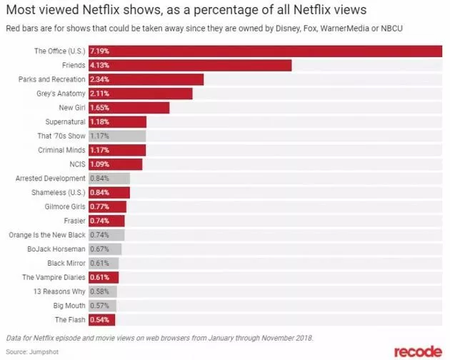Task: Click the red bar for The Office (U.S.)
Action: (264, 51)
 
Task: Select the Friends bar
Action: (189, 65)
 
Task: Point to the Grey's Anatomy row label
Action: (61, 94)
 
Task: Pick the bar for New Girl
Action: (129, 108)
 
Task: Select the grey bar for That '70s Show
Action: (117, 136)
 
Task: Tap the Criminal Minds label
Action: (61, 150)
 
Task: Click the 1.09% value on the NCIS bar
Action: (99, 164)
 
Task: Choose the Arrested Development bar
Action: (109, 179)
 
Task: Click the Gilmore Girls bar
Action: (107, 206)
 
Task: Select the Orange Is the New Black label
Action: (49, 235)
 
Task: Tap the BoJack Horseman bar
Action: (105, 249)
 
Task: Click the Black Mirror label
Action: (66, 263)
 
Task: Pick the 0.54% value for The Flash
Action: (99, 319)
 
